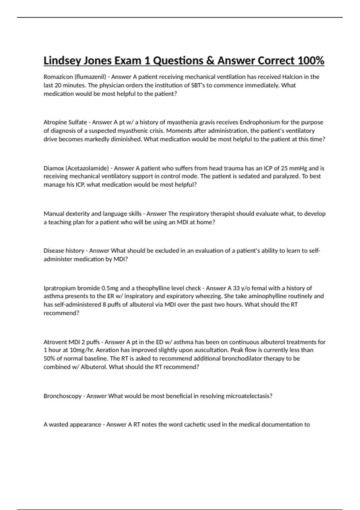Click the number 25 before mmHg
pos(284,168)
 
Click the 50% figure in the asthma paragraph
pos(49,358)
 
